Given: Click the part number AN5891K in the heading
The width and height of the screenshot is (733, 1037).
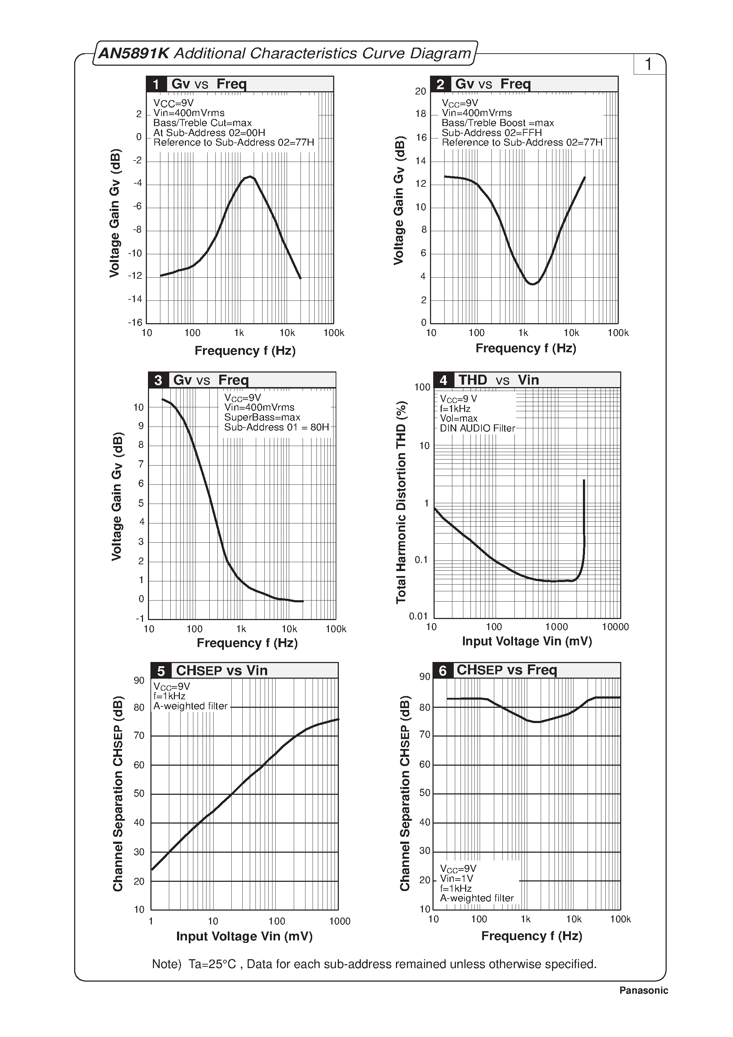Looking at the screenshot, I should [134, 53].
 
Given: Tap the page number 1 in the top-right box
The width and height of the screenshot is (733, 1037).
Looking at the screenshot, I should [649, 64].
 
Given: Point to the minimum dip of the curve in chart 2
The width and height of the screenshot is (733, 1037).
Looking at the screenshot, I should [533, 284].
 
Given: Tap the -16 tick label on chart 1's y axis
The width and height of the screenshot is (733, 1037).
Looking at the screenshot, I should [135, 322].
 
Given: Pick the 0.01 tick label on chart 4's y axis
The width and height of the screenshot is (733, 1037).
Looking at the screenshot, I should [418, 616].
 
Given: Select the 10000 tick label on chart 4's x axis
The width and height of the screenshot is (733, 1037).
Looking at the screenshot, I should [615, 627].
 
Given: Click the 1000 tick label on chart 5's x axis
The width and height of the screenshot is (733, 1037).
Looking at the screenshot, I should [340, 921].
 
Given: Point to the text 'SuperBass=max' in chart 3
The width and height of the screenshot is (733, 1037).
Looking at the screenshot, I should [262, 417].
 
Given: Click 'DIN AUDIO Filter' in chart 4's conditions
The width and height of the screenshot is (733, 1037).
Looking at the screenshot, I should [477, 428].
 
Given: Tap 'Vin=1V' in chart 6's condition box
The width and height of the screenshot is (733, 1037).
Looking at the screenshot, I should [456, 879].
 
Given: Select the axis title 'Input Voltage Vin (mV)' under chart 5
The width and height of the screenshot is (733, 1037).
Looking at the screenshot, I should [244, 936].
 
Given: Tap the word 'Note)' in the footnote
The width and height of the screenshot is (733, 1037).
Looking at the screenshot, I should [166, 964].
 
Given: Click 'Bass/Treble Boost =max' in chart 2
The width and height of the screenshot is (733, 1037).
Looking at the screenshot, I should [497, 123].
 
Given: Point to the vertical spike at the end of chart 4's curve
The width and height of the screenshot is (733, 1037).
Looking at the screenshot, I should [584, 510].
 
